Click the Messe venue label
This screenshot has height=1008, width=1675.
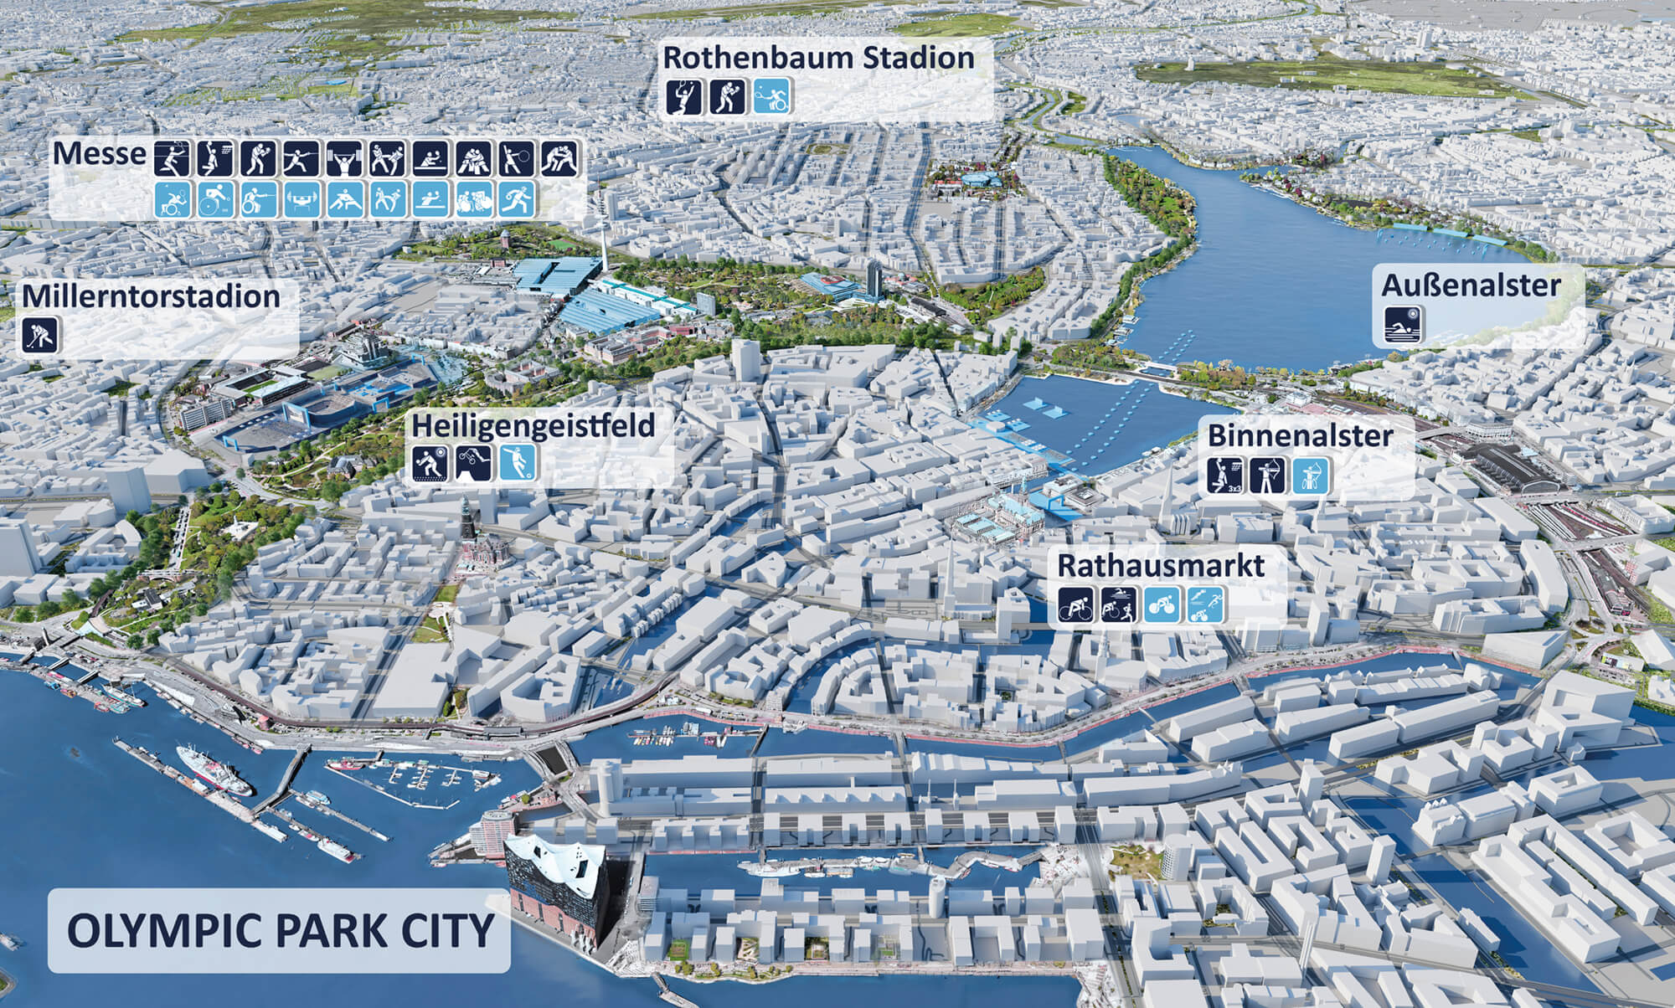click(x=99, y=154)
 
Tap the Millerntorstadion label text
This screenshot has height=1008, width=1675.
click(x=151, y=296)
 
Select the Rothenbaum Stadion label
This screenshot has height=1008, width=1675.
click(x=818, y=59)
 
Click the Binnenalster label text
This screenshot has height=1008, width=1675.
click(x=1300, y=435)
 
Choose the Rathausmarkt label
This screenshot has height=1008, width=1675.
click(x=1161, y=565)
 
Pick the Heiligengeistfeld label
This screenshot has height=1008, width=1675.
click(x=533, y=425)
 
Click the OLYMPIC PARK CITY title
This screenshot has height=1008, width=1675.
click(x=280, y=930)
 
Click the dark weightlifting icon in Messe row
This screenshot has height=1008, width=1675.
click(x=344, y=158)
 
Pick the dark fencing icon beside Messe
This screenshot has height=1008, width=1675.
click(x=301, y=158)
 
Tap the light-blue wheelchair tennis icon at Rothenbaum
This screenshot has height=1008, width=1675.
click(x=771, y=96)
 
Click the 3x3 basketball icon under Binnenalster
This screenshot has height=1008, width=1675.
click(x=1224, y=475)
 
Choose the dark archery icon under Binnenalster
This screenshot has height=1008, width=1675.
click(x=1267, y=475)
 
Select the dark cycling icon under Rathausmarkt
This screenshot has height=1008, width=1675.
click(x=1075, y=603)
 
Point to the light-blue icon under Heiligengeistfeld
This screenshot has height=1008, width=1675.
click(x=518, y=463)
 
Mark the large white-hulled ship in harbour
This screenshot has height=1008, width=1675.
click(x=213, y=770)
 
